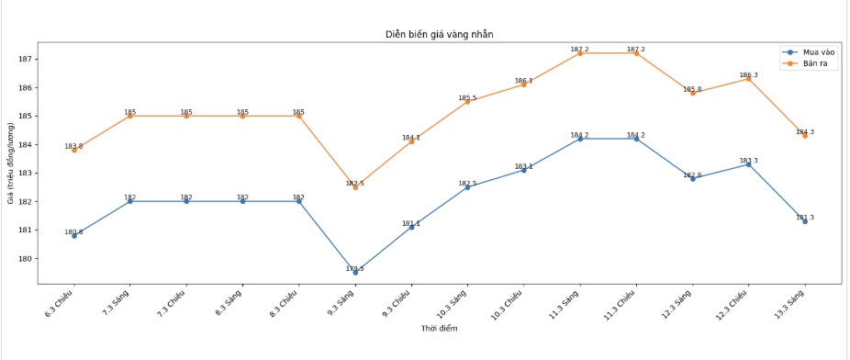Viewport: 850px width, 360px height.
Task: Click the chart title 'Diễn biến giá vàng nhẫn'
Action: (x=440, y=34)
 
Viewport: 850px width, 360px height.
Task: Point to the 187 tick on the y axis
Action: (x=27, y=59)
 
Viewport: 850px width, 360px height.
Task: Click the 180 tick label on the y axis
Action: (x=27, y=258)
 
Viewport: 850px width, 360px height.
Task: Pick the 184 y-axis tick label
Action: (x=27, y=144)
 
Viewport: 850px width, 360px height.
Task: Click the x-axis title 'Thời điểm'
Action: (x=440, y=328)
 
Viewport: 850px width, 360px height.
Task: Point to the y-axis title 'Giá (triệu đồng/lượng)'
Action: (x=11, y=163)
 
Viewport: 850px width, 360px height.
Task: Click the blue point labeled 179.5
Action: (x=355, y=272)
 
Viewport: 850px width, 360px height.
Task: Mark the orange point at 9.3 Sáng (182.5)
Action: (x=355, y=186)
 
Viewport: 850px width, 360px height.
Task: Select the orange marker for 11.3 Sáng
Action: (x=580, y=53)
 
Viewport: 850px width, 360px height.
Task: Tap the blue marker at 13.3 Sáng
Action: (x=805, y=221)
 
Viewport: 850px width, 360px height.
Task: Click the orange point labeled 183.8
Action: (x=74, y=150)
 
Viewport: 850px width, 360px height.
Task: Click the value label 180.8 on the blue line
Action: (x=73, y=232)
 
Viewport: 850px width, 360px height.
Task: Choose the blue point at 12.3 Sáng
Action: (x=693, y=178)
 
